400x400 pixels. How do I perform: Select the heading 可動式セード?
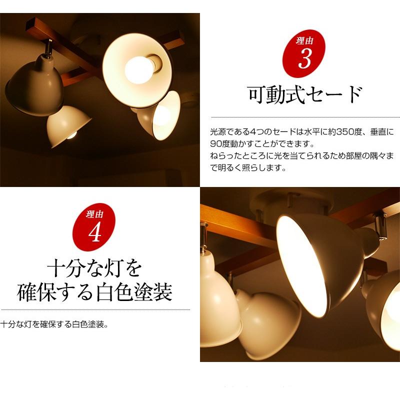(304, 94)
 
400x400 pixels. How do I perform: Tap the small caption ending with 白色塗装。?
(55, 324)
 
